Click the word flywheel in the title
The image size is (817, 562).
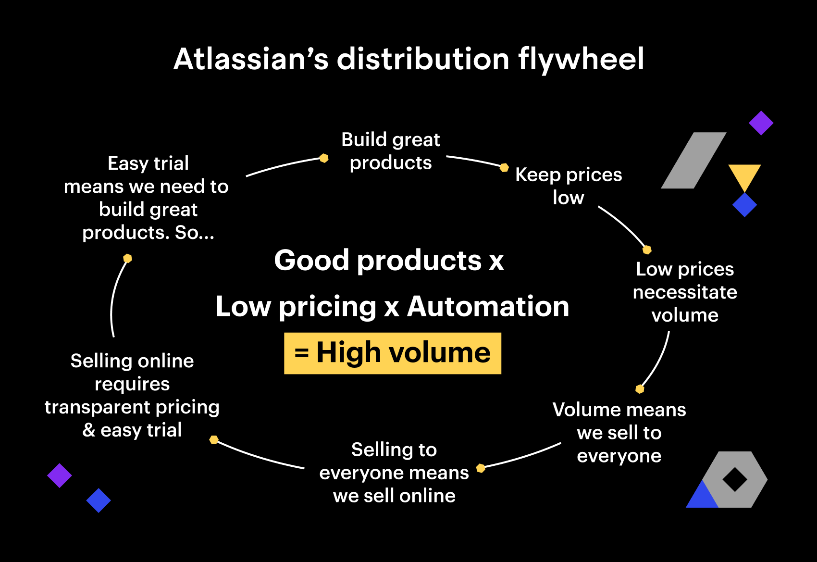point(581,60)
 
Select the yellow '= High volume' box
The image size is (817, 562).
point(393,353)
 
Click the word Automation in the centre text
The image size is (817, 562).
point(488,307)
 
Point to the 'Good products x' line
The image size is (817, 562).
point(389,261)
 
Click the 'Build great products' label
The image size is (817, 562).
point(391,151)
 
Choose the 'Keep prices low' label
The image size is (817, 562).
point(569,186)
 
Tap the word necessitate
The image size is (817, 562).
point(685,292)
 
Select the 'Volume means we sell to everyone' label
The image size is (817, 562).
point(619,433)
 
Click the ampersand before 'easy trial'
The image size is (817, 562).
point(89,430)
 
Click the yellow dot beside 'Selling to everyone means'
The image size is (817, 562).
point(481,468)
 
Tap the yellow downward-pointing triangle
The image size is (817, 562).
point(744,176)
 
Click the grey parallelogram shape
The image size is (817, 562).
point(693,161)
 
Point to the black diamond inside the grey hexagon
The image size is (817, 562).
point(735,479)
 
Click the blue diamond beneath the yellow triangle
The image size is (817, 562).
point(744,205)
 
